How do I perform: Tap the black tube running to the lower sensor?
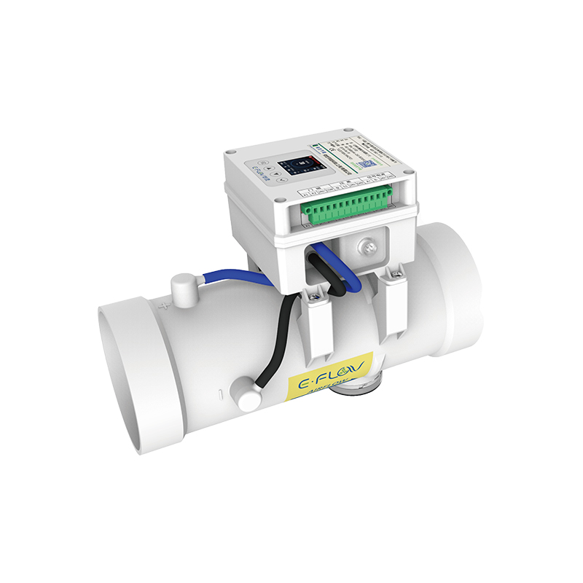(x=281, y=343)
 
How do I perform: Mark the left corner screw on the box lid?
(x=231, y=152)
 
